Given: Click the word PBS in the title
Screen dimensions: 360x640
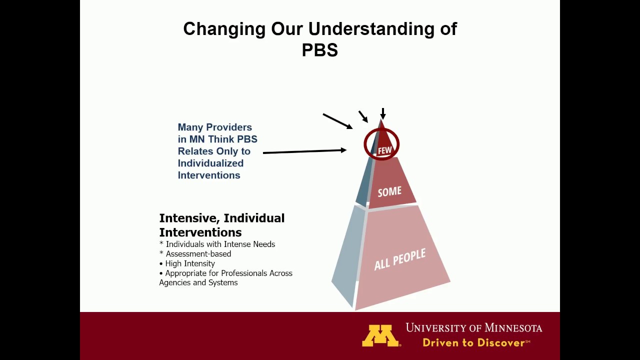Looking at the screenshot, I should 320,50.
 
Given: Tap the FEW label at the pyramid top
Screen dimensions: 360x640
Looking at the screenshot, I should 384,150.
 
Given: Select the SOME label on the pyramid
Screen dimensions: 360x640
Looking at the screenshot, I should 389,191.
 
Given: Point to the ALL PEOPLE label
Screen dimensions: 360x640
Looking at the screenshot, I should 400,259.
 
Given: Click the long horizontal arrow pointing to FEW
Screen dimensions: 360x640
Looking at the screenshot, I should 304,151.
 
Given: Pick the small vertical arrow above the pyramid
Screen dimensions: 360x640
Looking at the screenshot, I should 383,113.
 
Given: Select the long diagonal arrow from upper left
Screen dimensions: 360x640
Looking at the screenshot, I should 337,121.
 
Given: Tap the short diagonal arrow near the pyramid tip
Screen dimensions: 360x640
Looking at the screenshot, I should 363,116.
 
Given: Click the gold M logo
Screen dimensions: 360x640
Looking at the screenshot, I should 380,335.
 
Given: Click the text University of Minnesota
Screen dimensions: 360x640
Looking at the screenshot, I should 473,328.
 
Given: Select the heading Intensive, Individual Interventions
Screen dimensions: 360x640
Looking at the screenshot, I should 221,225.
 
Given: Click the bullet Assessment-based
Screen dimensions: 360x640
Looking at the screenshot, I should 198,254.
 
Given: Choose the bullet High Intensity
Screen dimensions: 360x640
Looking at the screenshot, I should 190,263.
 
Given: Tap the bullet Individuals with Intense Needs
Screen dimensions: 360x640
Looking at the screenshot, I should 220,244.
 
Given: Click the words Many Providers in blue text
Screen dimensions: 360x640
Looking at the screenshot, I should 214,127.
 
